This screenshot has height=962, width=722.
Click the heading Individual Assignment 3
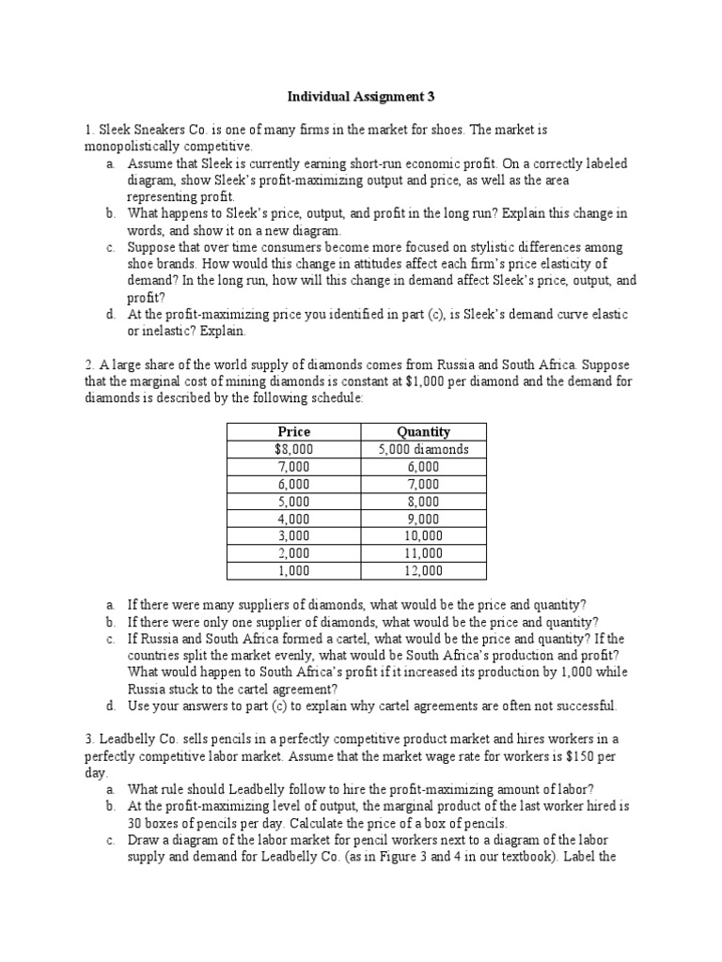coord(361,97)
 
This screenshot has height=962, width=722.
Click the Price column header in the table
coord(294,431)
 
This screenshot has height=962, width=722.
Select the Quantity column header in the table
coord(423,431)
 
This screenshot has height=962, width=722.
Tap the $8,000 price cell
coord(294,449)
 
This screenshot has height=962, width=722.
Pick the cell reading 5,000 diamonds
coord(423,449)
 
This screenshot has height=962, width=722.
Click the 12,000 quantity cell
coord(423,570)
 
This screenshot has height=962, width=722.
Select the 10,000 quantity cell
coord(423,535)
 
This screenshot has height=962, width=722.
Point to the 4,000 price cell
coord(294,519)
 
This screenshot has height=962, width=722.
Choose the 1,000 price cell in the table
coord(294,570)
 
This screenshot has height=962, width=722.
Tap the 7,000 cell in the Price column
coord(294,467)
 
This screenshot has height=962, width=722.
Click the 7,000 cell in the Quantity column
coord(423,484)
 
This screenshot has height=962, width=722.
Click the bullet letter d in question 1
coord(110,314)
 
